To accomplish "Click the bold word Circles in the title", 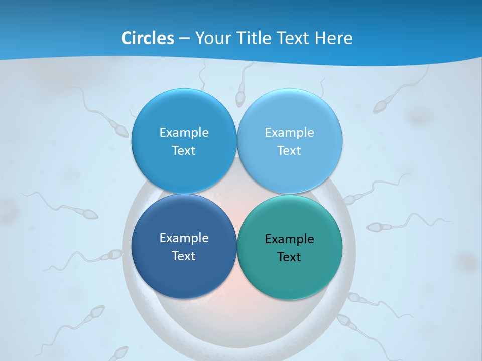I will [147, 38].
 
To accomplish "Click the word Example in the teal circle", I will [289, 239].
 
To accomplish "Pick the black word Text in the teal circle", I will [289, 257].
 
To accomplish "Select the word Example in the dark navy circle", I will [184, 238].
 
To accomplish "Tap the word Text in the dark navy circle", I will [184, 256].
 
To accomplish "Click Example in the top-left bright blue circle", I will [184, 133].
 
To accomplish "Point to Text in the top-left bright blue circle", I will [184, 151].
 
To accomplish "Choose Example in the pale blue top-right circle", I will [289, 133].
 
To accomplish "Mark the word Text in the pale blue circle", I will [289, 151].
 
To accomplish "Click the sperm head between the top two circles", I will [240, 99].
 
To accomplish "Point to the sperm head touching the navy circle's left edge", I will [117, 255].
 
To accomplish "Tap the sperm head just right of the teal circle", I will [354, 299].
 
